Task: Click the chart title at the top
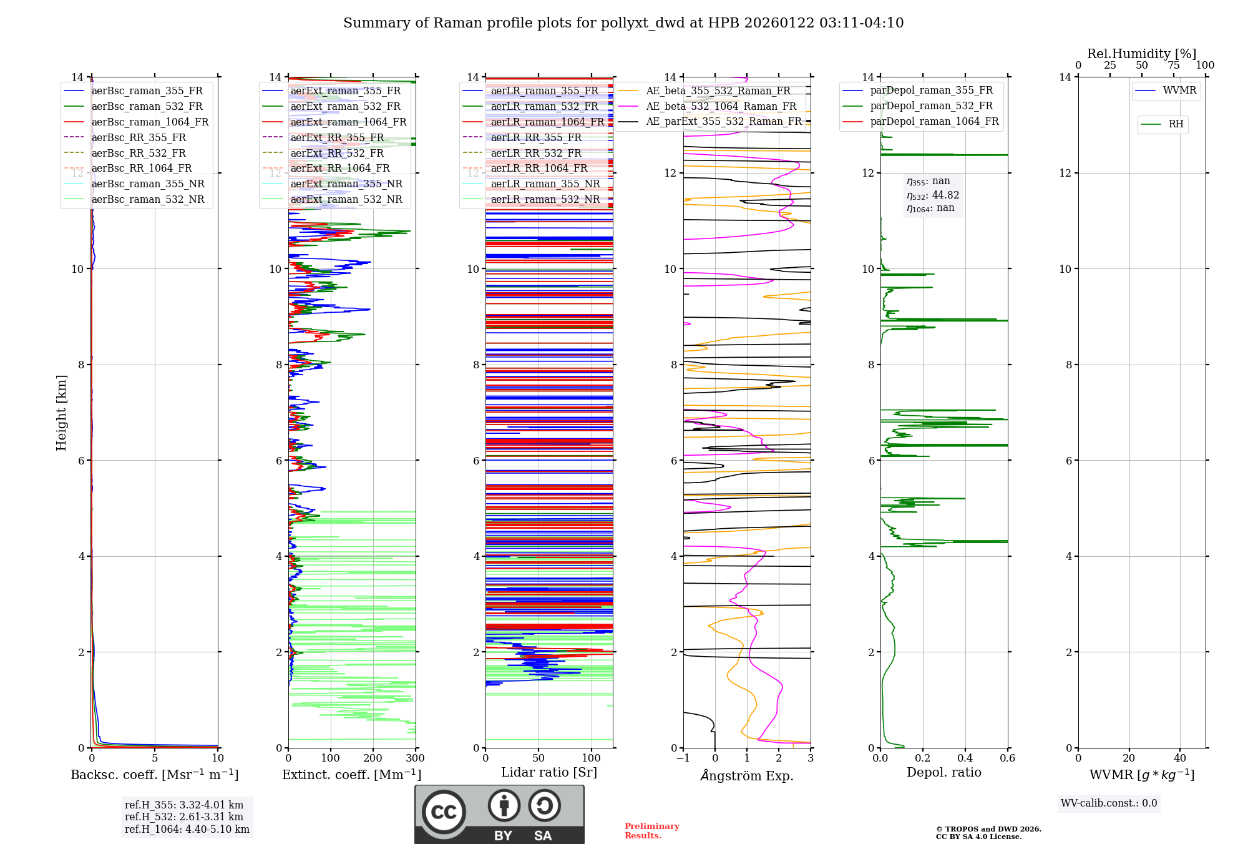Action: coord(623,23)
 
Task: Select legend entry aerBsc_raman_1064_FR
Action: coord(150,122)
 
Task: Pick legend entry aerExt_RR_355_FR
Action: coord(337,137)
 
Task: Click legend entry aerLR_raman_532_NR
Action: coord(545,199)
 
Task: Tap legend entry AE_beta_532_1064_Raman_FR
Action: coord(721,106)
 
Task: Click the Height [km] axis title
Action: coord(61,413)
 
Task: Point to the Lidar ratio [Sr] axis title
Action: coord(549,772)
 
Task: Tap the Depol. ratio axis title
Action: coord(943,772)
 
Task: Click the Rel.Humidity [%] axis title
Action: coord(1141,54)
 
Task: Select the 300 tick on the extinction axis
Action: coord(415,758)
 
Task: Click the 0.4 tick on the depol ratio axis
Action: coord(965,758)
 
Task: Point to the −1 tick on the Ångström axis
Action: coord(683,758)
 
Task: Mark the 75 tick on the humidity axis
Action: coord(1173,66)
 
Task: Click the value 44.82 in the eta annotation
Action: coord(945,195)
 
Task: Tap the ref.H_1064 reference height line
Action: coord(187,829)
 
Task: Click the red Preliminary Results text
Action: coord(651,831)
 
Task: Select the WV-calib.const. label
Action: coord(1109,803)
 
